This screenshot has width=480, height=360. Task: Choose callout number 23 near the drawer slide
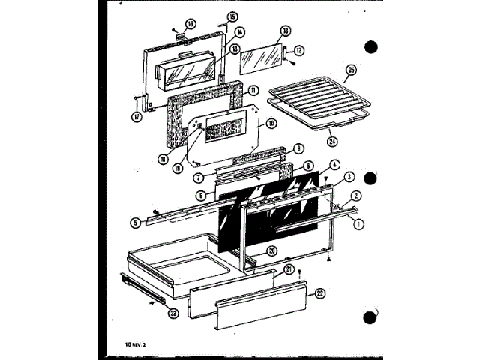pyautogui.click(x=173, y=313)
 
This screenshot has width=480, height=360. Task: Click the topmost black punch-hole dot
pyautogui.click(x=369, y=47)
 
